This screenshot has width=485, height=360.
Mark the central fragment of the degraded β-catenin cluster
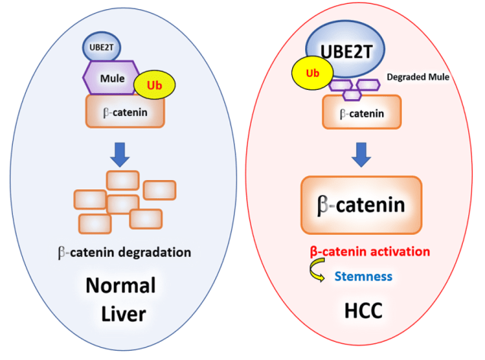tap(122, 204)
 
